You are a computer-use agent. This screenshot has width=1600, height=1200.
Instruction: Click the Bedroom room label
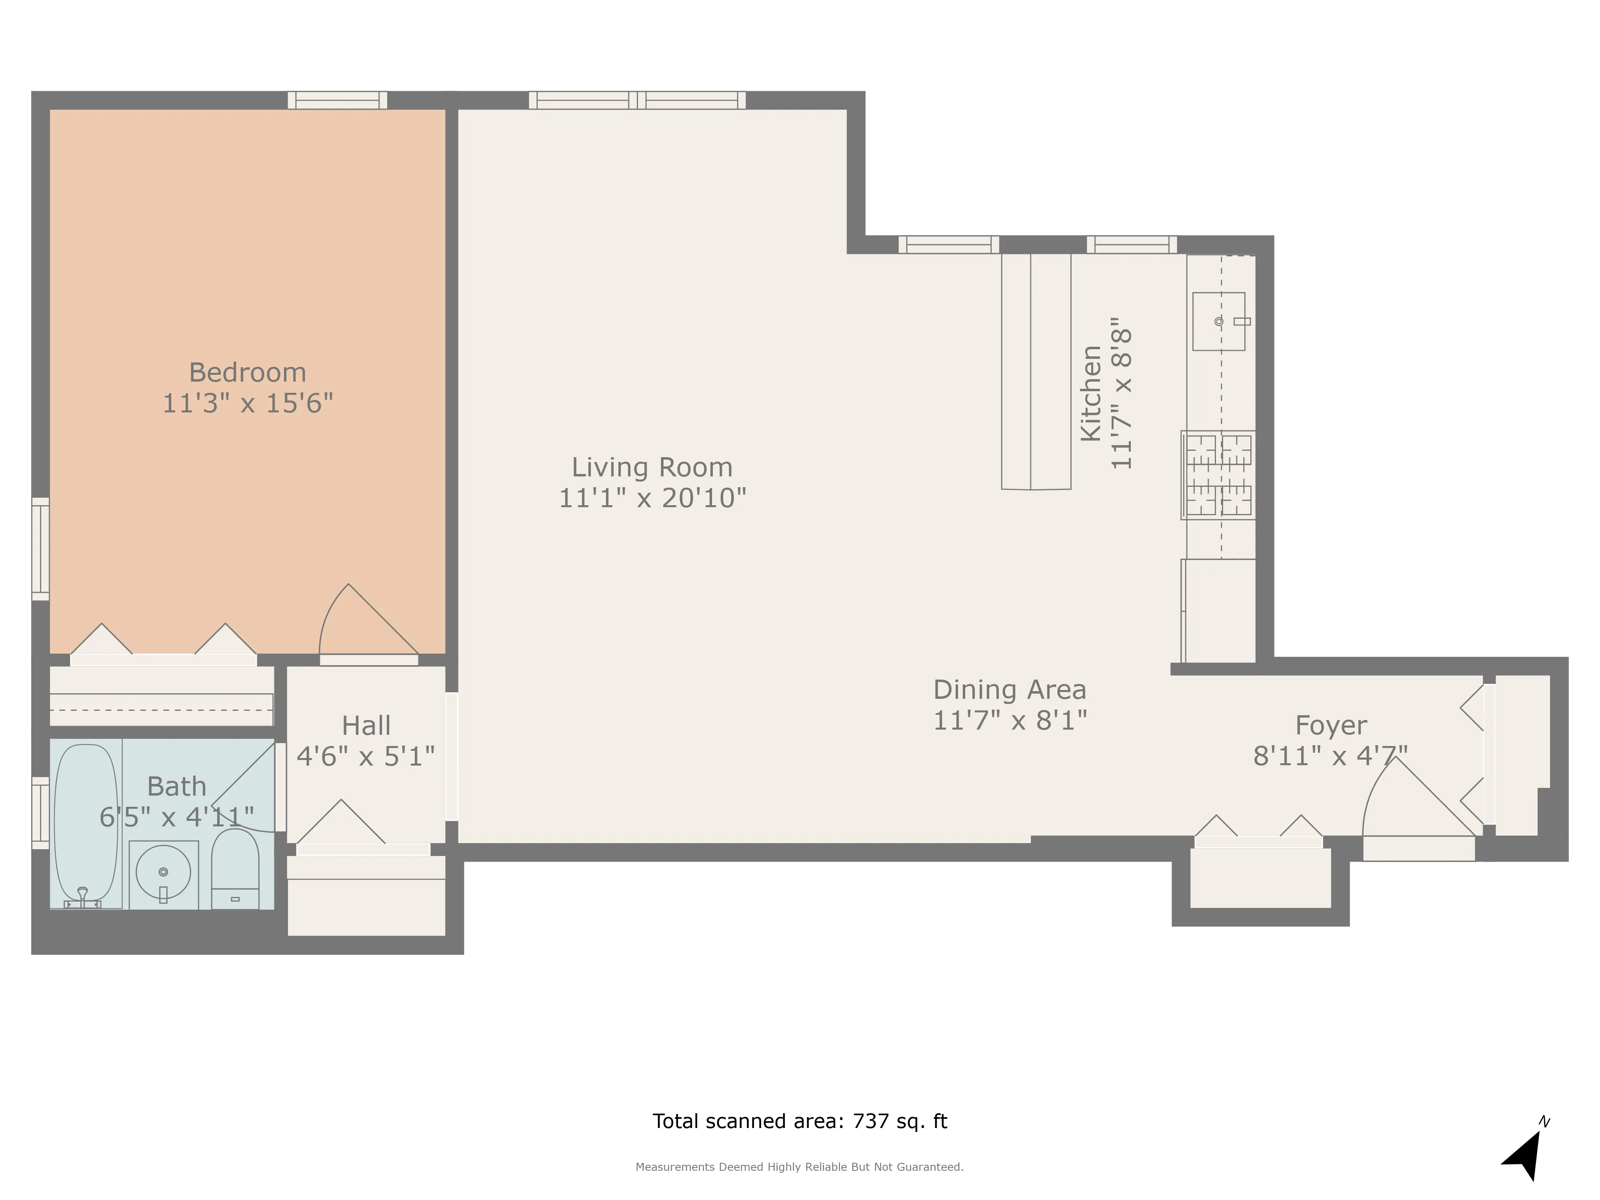247,372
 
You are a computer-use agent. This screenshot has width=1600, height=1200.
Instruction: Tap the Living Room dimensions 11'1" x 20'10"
652,498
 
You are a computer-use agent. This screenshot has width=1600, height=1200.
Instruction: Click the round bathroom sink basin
164,872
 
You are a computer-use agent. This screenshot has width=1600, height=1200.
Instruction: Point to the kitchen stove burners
1218,474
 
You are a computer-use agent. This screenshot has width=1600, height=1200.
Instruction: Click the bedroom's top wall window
337,100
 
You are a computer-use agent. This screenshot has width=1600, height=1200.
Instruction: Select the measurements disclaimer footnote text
799,1167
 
